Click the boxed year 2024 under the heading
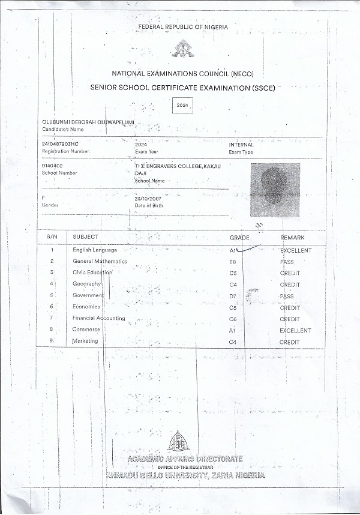181,105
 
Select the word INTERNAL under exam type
241,145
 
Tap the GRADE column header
239,238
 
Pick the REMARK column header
292,238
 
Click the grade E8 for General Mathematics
233,262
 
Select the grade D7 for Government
233,297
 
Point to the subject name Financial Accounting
98,318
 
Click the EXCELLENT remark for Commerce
295,331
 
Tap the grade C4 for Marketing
233,342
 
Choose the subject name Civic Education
92,273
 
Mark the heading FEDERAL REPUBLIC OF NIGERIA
180,28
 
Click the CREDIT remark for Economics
290,308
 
